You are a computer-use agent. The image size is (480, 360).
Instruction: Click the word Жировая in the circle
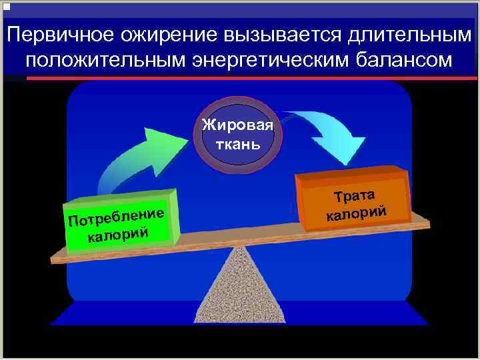coord(238,126)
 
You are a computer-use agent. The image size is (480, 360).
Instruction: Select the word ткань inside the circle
coord(238,143)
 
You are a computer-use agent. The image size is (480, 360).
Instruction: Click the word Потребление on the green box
coord(115,216)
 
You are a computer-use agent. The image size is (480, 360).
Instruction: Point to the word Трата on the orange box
coord(355,195)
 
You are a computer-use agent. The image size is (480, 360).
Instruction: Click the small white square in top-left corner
coord(7,6)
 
